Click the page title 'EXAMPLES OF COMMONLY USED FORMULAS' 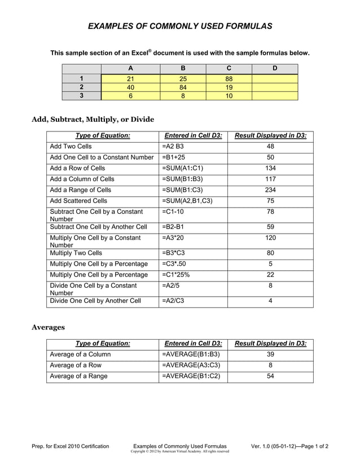click(180, 26)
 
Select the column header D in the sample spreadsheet click(274, 69)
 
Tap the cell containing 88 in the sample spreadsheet click(229, 78)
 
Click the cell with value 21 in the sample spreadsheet click(130, 78)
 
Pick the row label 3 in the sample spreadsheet click(81, 96)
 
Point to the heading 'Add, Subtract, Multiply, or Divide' click(93, 119)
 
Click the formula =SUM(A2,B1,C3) click(187, 201)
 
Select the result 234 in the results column click(270, 190)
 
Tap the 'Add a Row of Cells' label click(77, 169)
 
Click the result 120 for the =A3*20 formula click(270, 238)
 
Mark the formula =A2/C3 click(173, 301)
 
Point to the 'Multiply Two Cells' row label click(76, 253)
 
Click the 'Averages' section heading click(48, 327)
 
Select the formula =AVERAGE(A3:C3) click(191, 365)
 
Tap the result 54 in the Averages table click(270, 376)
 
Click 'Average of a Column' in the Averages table click(81, 354)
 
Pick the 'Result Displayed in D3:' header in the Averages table click(270, 344)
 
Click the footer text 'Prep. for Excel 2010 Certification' click(71, 446)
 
